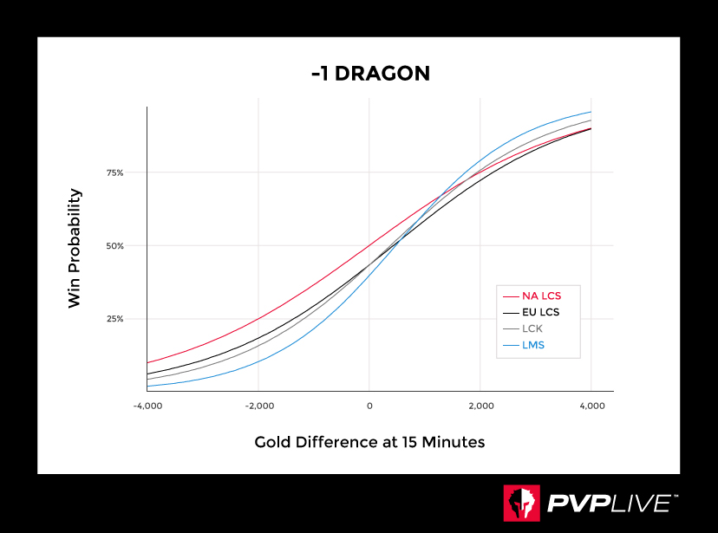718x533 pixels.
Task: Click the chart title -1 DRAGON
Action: point(370,74)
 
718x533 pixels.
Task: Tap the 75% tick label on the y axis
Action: point(114,172)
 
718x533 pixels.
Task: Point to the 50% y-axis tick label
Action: point(114,245)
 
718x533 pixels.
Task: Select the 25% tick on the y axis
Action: point(114,318)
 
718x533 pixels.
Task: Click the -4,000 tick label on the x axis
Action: point(147,406)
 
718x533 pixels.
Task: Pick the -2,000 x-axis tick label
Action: point(258,406)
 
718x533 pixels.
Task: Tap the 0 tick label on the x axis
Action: point(369,406)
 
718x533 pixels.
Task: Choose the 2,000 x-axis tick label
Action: point(480,406)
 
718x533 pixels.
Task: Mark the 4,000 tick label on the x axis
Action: point(591,406)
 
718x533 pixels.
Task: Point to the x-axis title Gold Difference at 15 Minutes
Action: point(369,442)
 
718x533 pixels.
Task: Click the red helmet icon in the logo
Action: point(522,504)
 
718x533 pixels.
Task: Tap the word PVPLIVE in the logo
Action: point(608,504)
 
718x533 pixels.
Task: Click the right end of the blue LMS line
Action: point(591,112)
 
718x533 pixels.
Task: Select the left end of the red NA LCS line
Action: point(148,362)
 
